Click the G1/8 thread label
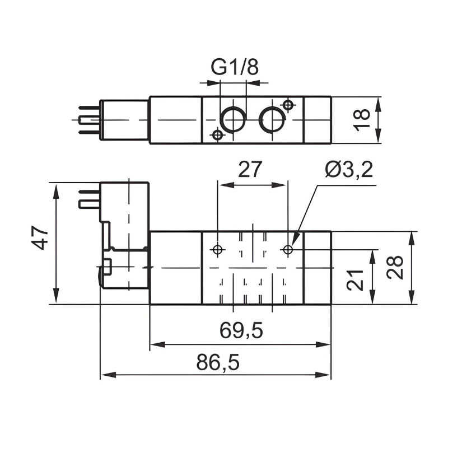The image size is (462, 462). coord(235,67)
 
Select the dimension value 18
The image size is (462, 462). coord(362,120)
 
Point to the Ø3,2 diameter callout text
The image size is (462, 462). coord(348,169)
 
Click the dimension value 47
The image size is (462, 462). coord(40,239)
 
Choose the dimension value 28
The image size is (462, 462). coord(395,268)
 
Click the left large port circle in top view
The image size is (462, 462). coord(232,118)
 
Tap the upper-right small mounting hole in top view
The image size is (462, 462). coord(288,105)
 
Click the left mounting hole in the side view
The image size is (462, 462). coord(218,249)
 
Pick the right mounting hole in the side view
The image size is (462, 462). coord(288,249)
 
